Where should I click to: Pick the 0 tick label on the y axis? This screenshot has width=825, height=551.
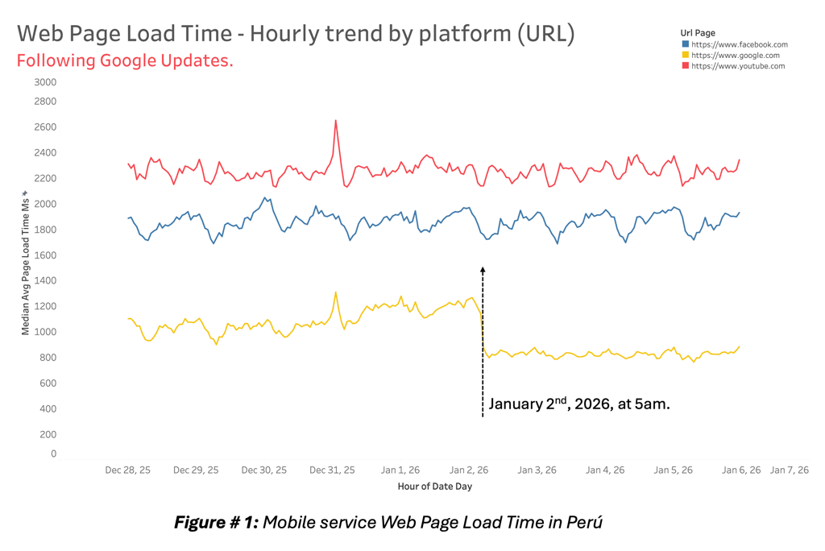click(54, 454)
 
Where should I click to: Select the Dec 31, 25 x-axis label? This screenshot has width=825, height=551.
click(332, 470)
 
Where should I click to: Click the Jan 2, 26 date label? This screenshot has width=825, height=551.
click(469, 470)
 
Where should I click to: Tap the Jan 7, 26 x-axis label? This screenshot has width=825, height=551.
click(790, 470)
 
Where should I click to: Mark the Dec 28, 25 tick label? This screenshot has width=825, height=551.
click(127, 470)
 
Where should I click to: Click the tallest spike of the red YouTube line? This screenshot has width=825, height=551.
click(335, 121)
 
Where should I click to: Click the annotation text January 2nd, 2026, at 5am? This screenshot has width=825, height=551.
click(578, 404)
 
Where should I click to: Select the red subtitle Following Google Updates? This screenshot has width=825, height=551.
click(125, 61)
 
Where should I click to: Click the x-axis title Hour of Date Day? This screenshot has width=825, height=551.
click(434, 487)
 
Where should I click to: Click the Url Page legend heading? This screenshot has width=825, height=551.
click(698, 33)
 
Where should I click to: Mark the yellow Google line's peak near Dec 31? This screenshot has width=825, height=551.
click(335, 292)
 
